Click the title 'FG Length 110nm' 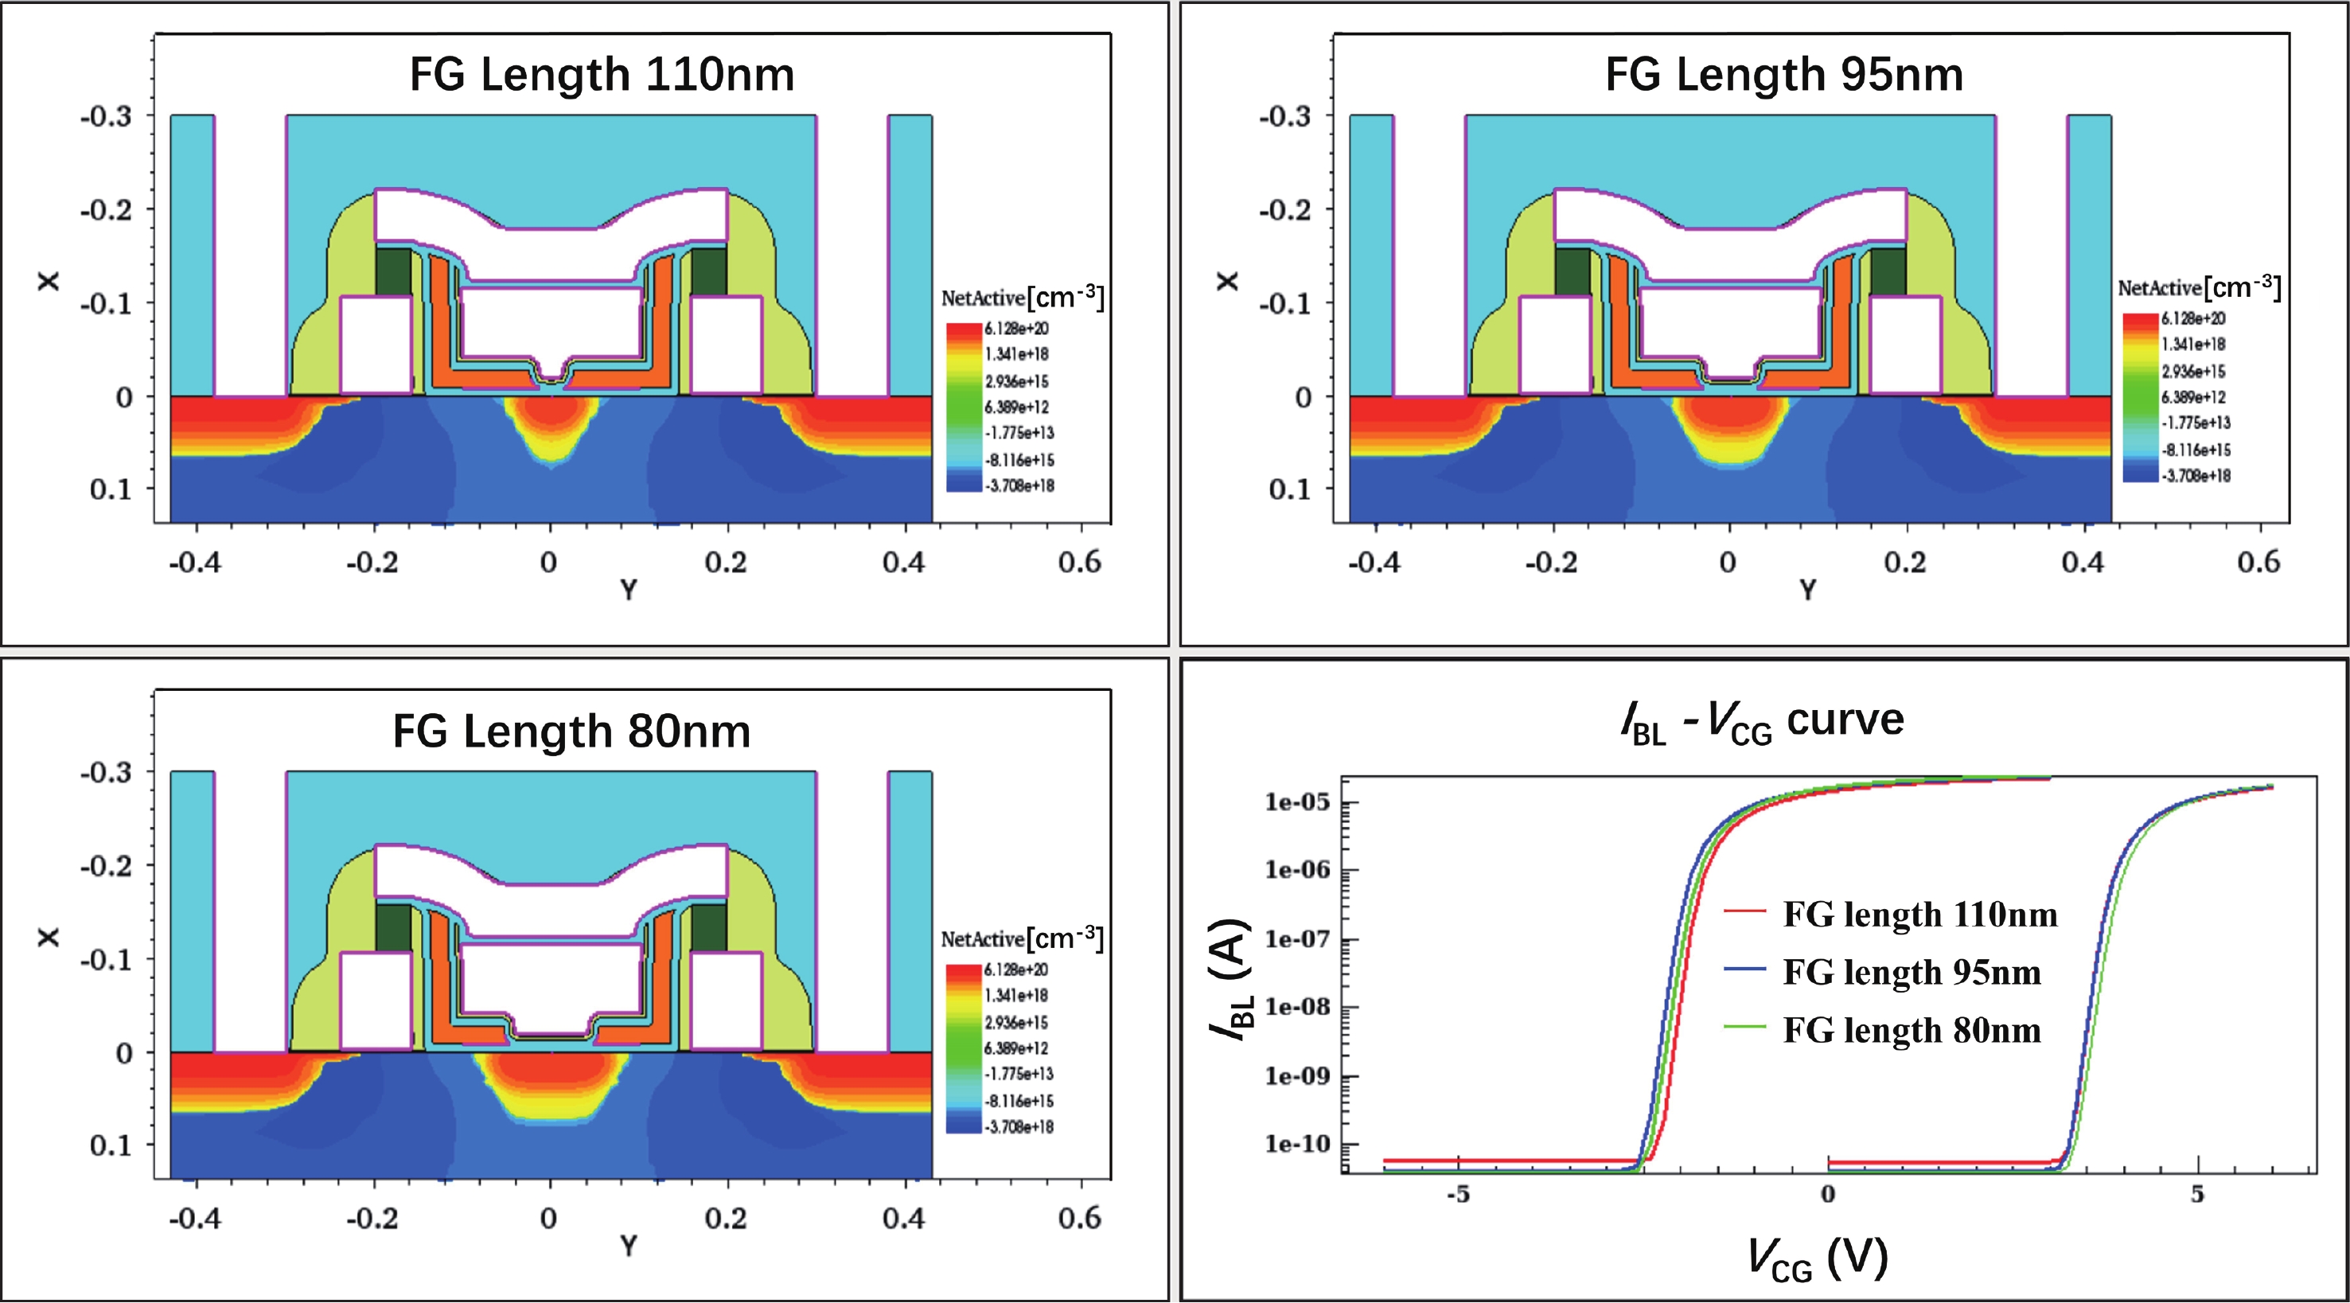pos(602,75)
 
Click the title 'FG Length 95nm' pos(1783,75)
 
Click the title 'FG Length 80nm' pos(572,731)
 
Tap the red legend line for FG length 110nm pos(1746,911)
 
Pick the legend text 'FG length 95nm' pos(1912,973)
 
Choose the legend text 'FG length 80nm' pos(1912,1031)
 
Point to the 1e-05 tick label pos(1297,803)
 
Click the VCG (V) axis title pos(1818,1259)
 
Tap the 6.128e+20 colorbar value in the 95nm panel pos(2193,318)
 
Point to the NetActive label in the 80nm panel pos(983,939)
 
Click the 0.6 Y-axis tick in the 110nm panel pos(1080,562)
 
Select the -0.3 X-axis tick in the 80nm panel pos(106,773)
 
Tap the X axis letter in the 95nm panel pos(1228,281)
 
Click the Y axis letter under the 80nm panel pos(629,1246)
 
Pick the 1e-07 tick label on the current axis pos(1297,940)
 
